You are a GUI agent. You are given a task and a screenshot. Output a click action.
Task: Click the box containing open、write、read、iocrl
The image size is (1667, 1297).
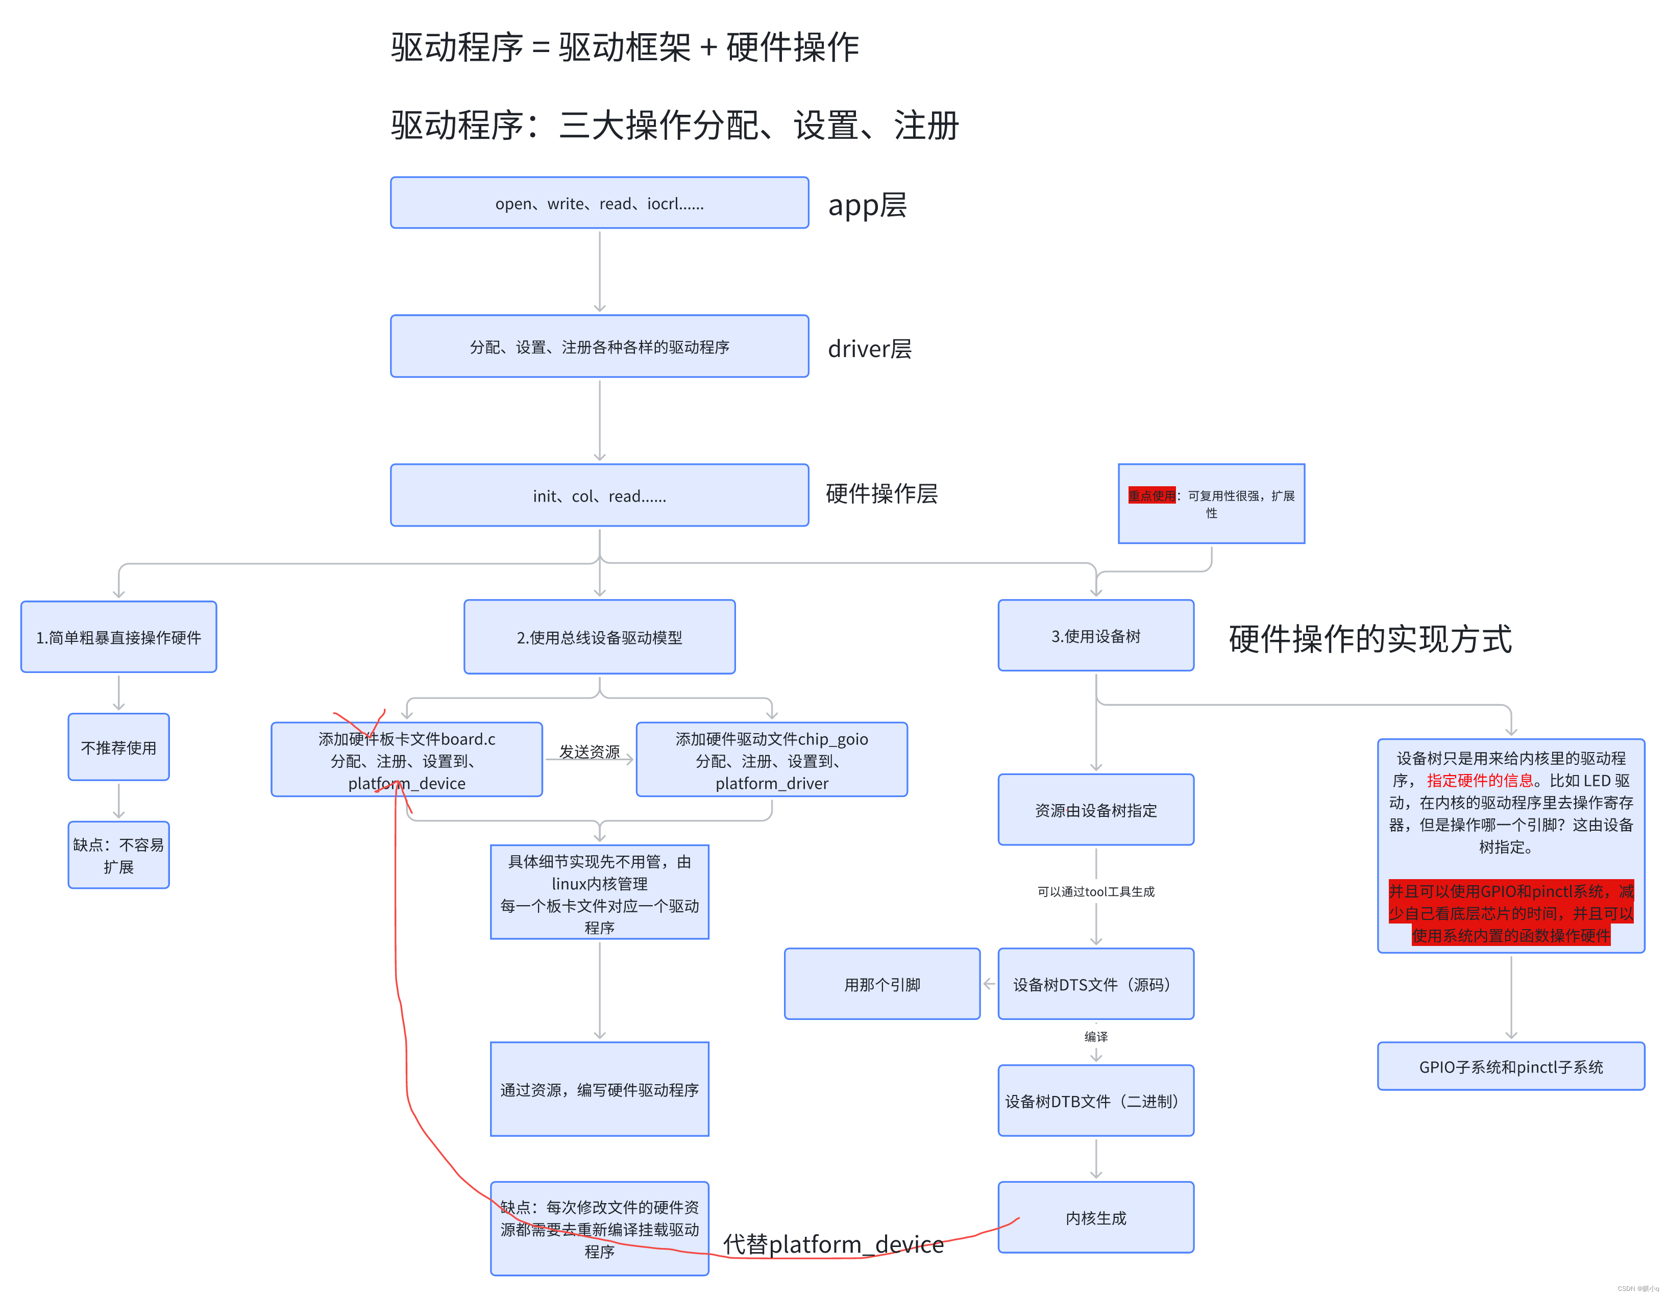point(599,203)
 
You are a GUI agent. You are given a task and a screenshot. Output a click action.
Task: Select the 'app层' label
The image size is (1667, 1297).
point(867,205)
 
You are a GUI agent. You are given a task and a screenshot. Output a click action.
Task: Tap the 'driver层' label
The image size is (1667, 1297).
point(869,348)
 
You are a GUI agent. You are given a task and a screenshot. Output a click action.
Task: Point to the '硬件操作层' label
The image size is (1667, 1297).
point(881,493)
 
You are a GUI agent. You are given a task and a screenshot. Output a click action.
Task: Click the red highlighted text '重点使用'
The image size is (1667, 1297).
point(1152,496)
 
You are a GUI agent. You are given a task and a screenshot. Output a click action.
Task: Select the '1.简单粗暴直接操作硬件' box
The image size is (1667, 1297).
point(118,637)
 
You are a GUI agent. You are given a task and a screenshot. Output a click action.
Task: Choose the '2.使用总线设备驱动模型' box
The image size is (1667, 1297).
point(599,637)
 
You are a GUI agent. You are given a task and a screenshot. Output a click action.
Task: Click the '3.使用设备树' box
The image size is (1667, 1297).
point(1095,636)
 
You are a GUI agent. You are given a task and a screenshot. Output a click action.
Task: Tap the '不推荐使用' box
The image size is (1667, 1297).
point(118,747)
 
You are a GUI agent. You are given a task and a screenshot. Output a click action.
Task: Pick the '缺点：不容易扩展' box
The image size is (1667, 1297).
point(118,855)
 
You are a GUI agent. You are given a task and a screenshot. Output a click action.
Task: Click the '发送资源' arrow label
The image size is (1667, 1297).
point(589,752)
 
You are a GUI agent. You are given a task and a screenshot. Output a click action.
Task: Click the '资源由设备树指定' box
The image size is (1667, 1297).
point(1095,810)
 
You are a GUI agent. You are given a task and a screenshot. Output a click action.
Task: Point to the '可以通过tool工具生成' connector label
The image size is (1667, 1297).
point(1095,891)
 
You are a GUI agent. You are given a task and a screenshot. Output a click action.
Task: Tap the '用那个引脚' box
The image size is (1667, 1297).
point(881,984)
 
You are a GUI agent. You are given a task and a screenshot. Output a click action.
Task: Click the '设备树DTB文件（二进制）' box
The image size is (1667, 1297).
point(1095,1101)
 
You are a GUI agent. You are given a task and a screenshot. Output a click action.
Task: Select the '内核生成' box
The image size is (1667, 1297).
point(1095,1217)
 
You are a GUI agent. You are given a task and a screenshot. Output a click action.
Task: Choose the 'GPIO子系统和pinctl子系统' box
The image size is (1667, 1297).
point(1510,1066)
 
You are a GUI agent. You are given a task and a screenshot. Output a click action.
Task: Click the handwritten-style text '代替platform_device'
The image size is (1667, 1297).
point(833,1244)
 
